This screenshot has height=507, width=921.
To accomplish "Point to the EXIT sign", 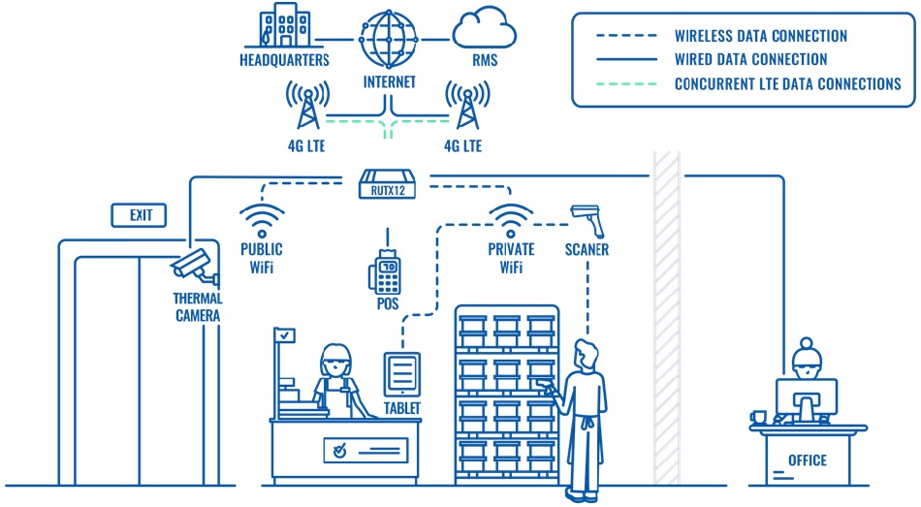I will click(141, 214).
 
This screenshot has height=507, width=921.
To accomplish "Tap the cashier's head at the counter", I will click(333, 361).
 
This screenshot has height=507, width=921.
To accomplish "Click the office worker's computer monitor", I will click(805, 398).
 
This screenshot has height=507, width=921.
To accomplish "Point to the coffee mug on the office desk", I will click(758, 417).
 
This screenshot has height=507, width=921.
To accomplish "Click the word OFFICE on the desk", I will click(807, 460).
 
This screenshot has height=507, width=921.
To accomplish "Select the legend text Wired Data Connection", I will click(750, 60).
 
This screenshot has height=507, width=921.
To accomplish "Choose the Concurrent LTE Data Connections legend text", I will click(787, 83).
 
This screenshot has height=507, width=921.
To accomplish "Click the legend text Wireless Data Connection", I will click(761, 36).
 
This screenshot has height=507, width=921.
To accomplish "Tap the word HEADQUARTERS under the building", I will click(284, 60).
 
